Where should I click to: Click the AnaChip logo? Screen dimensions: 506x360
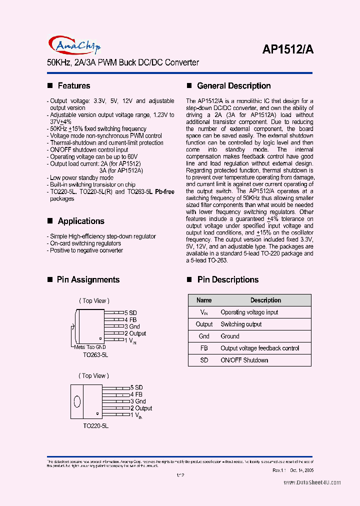74,45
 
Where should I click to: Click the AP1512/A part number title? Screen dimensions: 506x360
288,49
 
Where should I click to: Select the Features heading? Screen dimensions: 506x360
73,86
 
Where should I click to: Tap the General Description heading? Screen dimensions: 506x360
233,86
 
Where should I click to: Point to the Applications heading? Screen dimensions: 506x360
80,221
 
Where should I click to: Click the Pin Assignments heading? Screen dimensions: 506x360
88,280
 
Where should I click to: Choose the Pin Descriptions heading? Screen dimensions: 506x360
227,280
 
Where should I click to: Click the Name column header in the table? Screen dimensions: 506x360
204,300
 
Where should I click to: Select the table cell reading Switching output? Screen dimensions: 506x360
241,324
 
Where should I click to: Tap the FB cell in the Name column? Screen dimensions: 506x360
204,348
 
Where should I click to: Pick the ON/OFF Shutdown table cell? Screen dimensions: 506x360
244,360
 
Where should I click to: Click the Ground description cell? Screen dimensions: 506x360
230,336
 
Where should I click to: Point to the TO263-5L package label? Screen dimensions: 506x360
95,354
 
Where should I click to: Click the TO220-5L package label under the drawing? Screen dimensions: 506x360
95,425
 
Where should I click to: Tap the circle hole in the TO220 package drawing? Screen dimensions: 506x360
77,401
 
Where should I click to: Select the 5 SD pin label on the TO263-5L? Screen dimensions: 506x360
130,313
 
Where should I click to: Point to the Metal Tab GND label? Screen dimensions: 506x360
90,347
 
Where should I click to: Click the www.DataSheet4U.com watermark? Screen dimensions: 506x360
312,482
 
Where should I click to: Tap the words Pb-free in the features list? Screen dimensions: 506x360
164,192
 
